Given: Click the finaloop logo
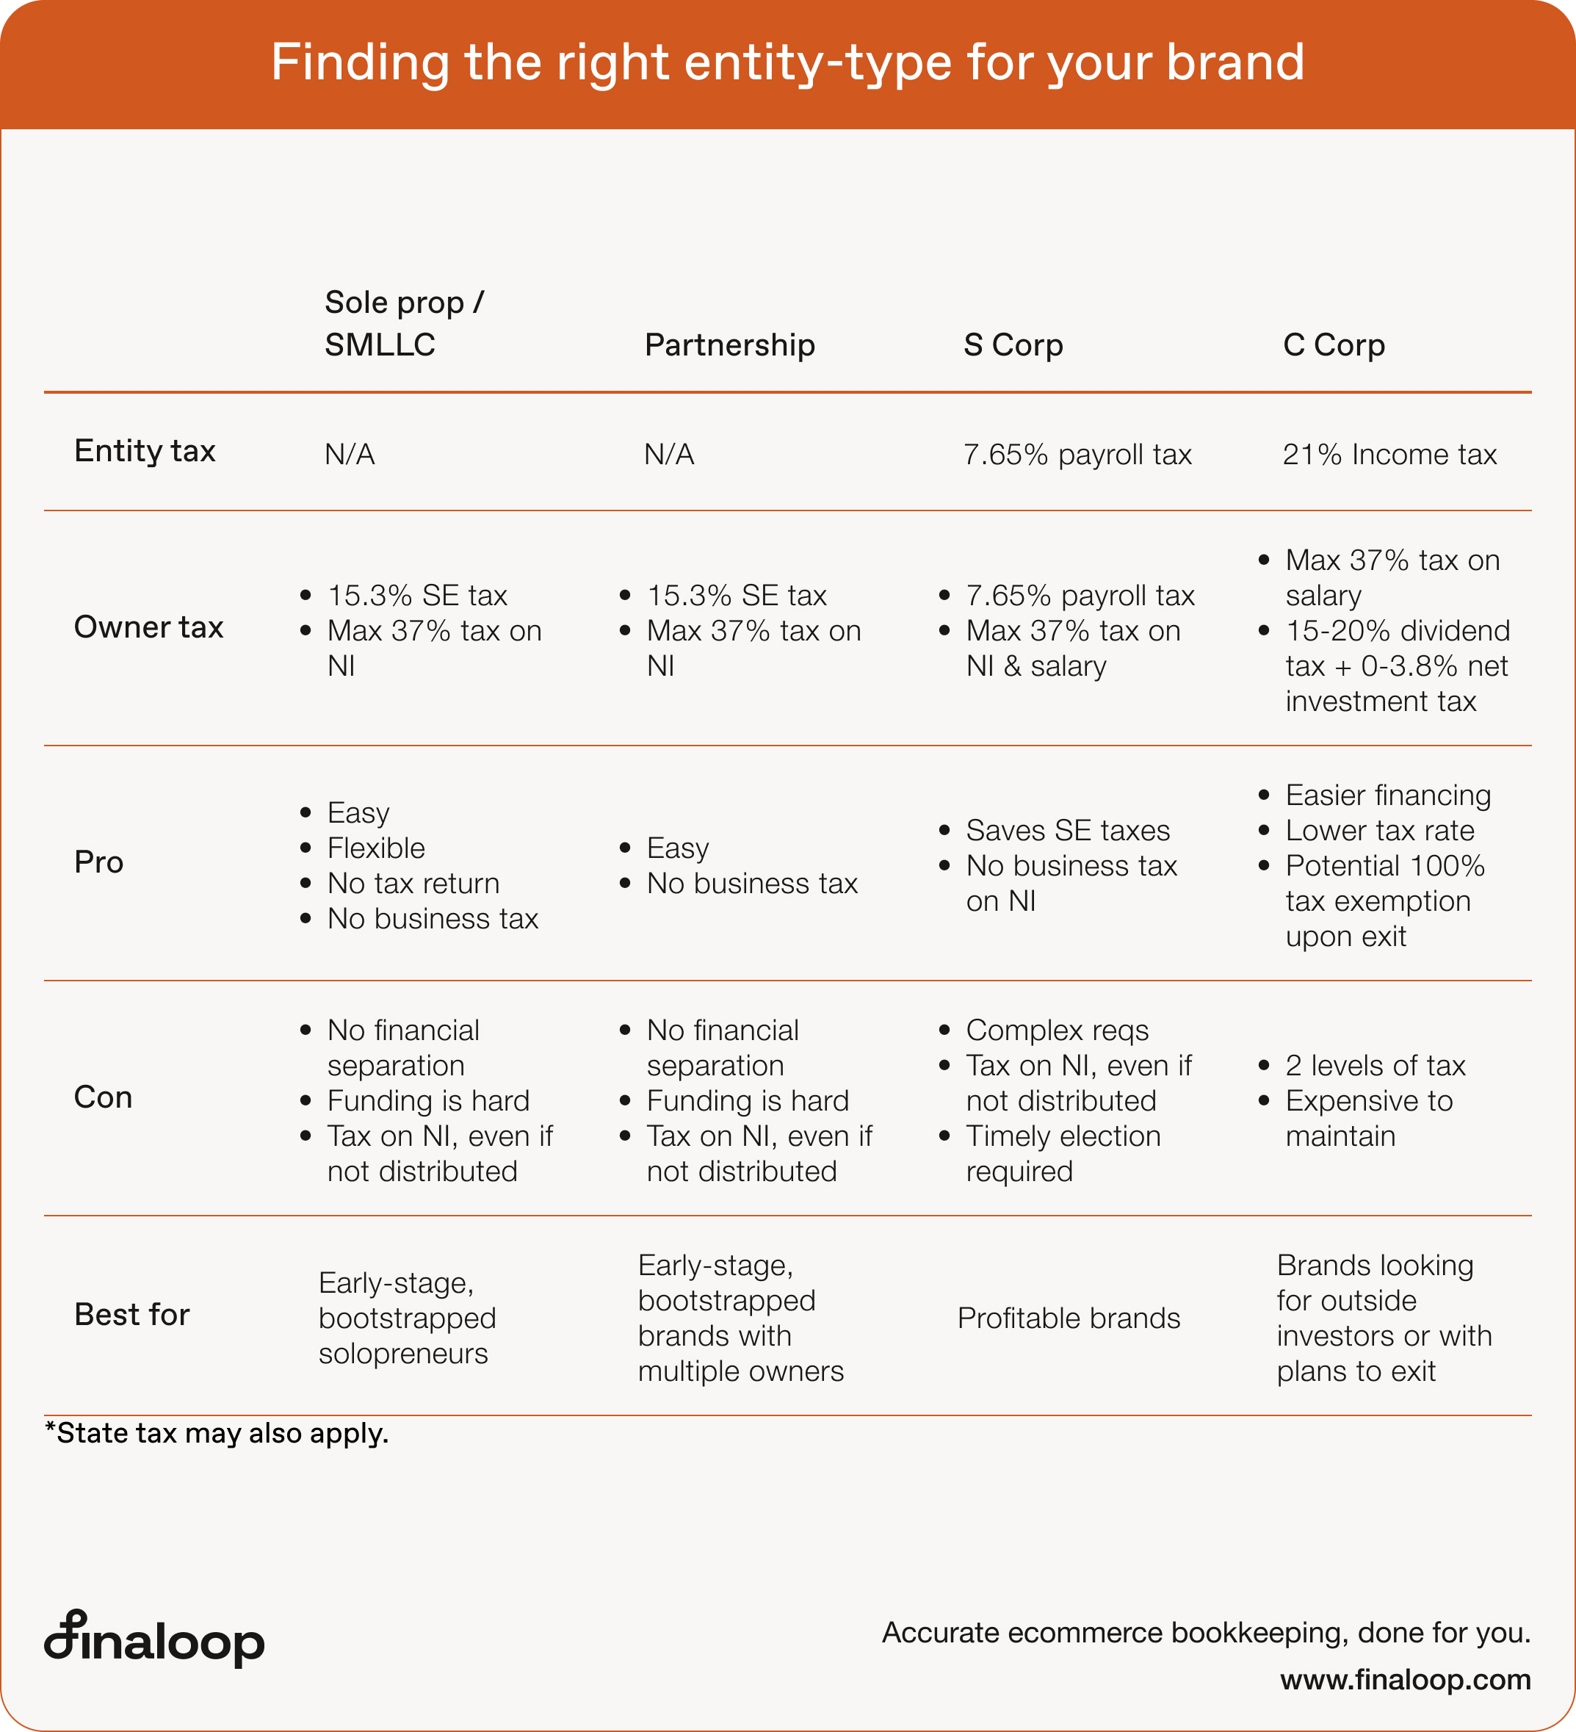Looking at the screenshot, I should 155,1639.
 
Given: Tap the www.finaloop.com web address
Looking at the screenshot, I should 1405,1680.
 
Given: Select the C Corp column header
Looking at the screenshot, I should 1334,344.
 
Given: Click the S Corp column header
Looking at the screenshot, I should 1013,344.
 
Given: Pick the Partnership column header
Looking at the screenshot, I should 729,344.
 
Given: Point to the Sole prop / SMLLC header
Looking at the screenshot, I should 404,323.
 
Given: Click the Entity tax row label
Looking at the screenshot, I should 144,451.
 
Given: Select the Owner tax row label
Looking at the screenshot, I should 148,627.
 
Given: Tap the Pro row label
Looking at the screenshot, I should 98,862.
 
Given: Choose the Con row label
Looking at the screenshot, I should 103,1097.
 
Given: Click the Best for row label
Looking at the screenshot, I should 131,1315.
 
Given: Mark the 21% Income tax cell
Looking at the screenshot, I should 1389,455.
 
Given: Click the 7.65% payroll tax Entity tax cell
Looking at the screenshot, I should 1077,455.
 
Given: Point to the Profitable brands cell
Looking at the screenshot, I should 1069,1318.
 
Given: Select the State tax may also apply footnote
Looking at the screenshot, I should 217,1433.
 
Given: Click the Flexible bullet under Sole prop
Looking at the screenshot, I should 376,848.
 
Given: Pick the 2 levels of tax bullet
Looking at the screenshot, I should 1375,1065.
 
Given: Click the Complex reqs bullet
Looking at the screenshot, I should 1056,1030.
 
